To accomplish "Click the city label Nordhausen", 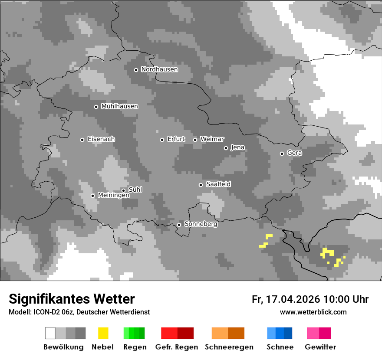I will (159, 69).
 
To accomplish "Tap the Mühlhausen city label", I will (119, 106).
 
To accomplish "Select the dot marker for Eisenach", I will (82, 140).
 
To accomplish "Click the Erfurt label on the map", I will (176, 139).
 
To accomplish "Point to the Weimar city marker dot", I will (195, 140).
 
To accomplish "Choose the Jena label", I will (237, 147).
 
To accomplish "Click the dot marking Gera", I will (282, 154).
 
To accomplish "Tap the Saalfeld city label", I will (218, 184).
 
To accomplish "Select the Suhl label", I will (135, 190).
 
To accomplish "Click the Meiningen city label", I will (113, 196).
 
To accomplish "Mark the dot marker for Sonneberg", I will (179, 225).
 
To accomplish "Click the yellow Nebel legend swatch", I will (103, 333).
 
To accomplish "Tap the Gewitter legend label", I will (320, 347).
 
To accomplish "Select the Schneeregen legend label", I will (229, 347).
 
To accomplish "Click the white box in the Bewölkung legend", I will (50, 333).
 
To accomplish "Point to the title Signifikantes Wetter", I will (72, 299).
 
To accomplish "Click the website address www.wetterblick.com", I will (313, 312).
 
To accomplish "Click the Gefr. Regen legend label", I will (177, 347).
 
